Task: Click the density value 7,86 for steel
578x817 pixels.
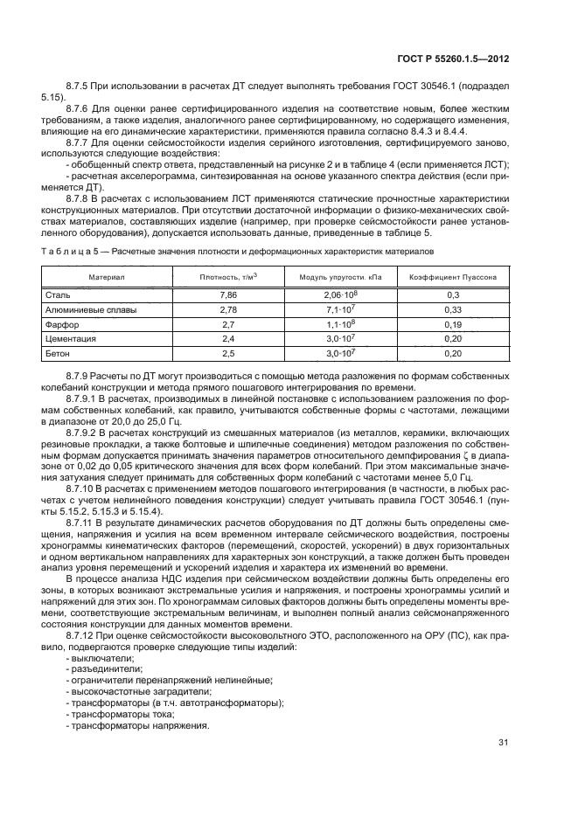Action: pos(229,296)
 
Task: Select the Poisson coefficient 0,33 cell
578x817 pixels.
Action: pos(453,310)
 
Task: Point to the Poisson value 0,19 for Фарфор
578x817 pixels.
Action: pos(453,324)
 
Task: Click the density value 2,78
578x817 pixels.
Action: pos(229,310)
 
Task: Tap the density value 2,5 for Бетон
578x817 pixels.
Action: pos(229,353)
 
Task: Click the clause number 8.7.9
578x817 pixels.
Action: pos(79,376)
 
